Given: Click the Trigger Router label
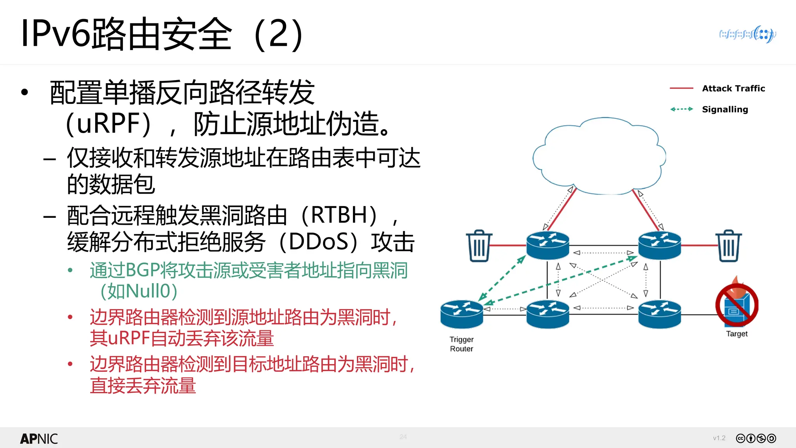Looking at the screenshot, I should coord(461,344).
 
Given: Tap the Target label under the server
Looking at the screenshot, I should coord(737,334).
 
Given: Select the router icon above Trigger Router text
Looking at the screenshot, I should coord(461,314).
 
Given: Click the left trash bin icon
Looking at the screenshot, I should coord(479,246).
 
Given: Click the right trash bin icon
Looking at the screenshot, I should coord(728,246).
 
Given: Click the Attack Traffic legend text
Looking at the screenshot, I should coord(733,89).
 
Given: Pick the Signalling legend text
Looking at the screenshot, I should coord(724,109).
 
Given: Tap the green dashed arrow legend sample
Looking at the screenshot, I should coord(681,109).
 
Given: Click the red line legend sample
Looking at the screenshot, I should coord(681,89).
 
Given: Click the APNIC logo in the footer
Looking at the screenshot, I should coord(39,439).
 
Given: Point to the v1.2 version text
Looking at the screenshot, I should coord(719,438).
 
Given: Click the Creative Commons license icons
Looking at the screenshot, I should coord(756,438).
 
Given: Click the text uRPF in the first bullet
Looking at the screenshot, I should coord(109,124).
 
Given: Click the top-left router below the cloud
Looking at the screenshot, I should coord(548,245).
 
